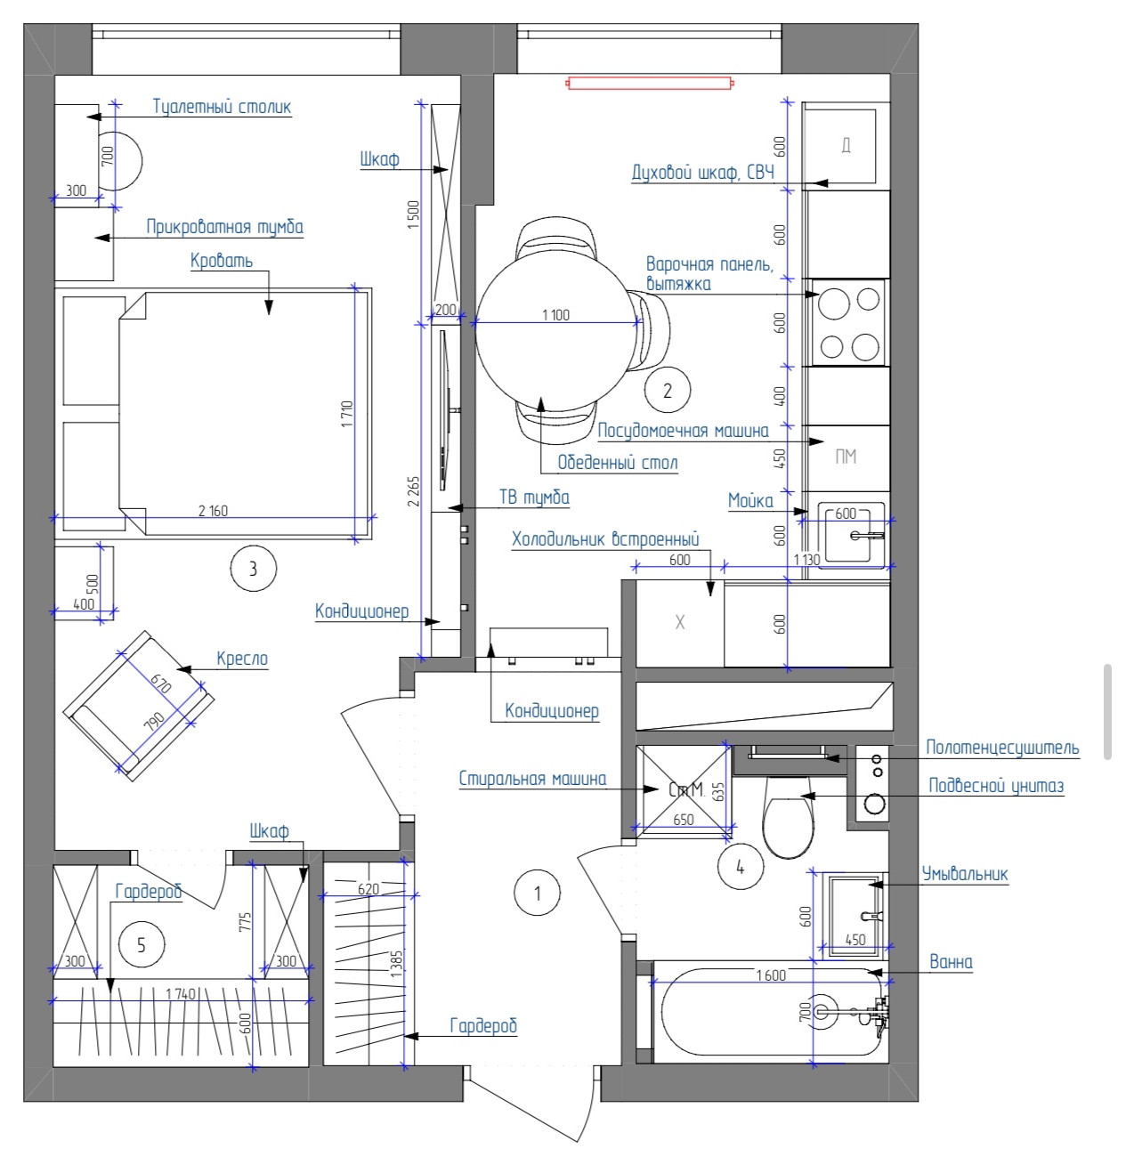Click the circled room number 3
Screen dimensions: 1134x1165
(254, 568)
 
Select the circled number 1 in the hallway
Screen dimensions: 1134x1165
(537, 894)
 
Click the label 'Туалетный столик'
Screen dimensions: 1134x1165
(222, 107)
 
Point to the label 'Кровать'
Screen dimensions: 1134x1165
(222, 261)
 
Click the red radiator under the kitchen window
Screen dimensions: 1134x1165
(649, 83)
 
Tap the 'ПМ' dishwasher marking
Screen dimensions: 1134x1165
(846, 457)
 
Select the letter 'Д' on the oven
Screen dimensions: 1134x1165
(846, 145)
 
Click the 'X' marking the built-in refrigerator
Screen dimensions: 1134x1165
(679, 623)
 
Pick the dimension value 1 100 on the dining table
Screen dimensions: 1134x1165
(555, 315)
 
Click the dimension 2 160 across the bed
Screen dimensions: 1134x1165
(213, 511)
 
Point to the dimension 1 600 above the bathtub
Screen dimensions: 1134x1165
(771, 975)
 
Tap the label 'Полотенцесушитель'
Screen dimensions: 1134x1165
(1002, 748)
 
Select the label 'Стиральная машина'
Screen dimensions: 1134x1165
(532, 778)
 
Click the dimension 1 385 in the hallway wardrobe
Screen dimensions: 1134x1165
(396, 964)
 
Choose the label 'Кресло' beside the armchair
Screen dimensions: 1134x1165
(242, 659)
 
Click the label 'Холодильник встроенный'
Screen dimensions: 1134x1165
(605, 539)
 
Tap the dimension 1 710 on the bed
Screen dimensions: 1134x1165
(347, 414)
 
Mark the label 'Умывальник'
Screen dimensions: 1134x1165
(965, 874)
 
